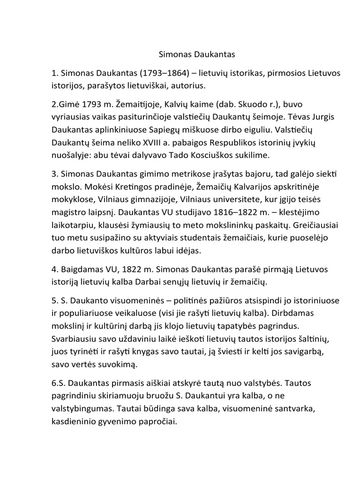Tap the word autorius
pos(193,86)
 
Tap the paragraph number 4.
pos(54,270)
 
